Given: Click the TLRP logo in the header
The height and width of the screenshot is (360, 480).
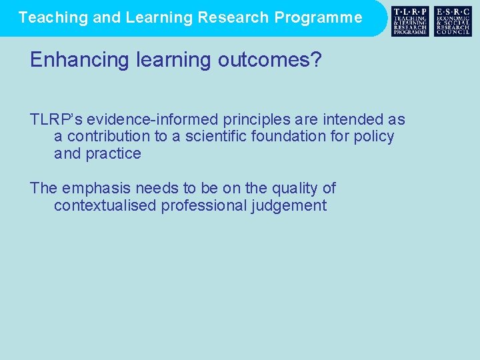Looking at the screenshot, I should [x=410, y=21].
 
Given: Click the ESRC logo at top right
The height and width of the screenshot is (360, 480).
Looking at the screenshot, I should [x=453, y=21].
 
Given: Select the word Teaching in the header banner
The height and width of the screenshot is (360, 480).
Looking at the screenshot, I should [x=53, y=17].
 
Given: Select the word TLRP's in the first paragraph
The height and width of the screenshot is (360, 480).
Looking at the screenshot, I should [x=56, y=119].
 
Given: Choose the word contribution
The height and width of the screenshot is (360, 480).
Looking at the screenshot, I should [x=108, y=137].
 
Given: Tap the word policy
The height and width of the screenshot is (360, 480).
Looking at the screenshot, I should [x=375, y=137].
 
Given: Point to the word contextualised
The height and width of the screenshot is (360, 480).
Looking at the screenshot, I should [x=105, y=206].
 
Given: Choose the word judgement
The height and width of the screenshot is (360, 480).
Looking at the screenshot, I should [x=289, y=206].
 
